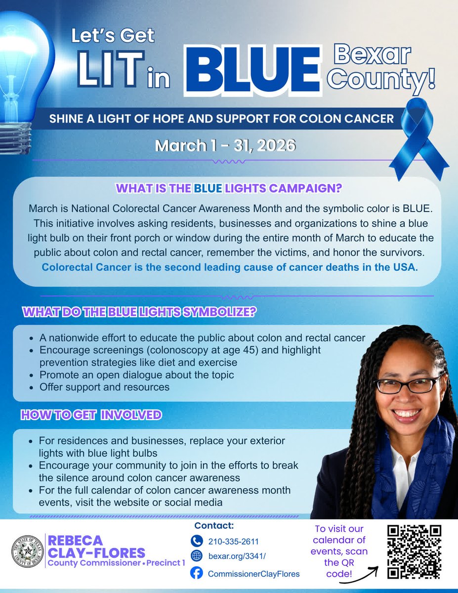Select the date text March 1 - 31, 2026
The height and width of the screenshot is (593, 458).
pyautogui.click(x=225, y=146)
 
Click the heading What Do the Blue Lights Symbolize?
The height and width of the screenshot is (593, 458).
pyautogui.click(x=139, y=312)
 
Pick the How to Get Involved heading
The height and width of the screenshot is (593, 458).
pyautogui.click(x=91, y=415)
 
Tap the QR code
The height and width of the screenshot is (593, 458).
pyautogui.click(x=414, y=551)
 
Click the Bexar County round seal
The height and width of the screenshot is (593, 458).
pyautogui.click(x=28, y=551)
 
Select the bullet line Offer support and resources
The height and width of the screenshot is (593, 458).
pyautogui.click(x=104, y=387)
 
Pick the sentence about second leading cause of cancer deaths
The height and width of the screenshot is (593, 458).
pyautogui.click(x=230, y=268)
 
